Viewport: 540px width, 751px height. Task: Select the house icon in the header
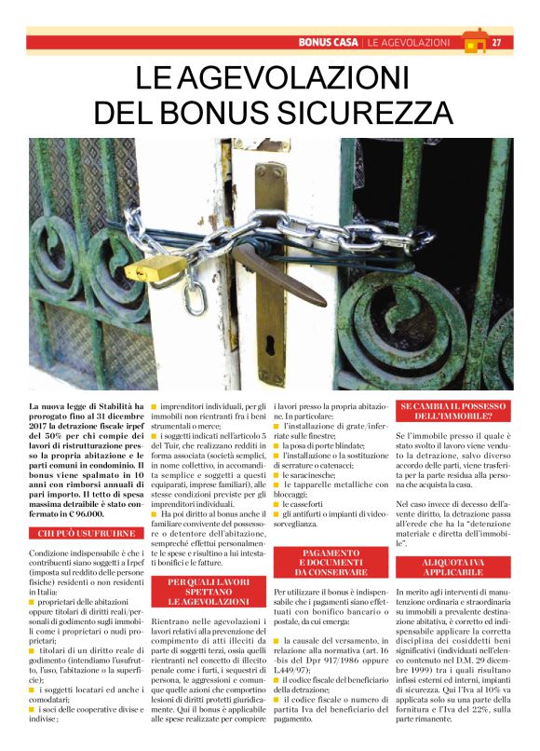click(x=474, y=41)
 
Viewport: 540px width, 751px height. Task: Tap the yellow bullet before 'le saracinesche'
click(x=277, y=474)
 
